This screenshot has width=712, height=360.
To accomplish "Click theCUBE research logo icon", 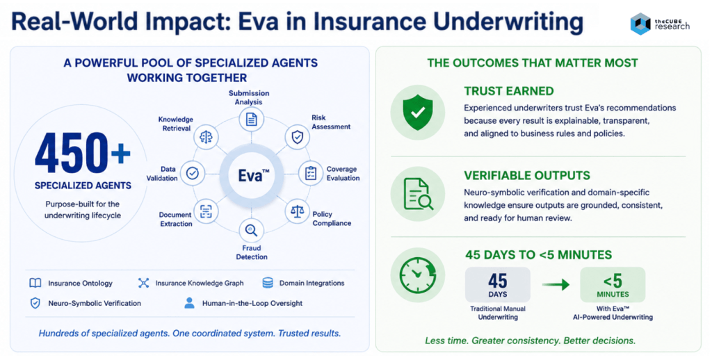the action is tap(640, 24).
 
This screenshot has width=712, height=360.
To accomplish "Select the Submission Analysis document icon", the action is tap(251, 120).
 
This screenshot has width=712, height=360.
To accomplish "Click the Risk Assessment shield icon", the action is tap(297, 137).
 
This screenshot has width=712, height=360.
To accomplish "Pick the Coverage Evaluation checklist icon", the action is tap(311, 173).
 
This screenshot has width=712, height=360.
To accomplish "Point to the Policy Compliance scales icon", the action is tap(297, 211).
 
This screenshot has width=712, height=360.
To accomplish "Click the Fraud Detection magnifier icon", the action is tap(251, 230).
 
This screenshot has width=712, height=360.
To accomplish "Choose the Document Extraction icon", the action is tap(206, 211).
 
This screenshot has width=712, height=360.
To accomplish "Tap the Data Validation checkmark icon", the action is tap(193, 173).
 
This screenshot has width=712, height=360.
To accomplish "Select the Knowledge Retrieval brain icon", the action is tap(206, 137).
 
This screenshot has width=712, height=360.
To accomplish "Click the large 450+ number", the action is tap(83, 154).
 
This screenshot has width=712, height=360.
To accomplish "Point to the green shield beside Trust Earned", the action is tap(418, 112).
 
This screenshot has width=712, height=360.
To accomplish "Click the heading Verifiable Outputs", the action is tap(527, 175).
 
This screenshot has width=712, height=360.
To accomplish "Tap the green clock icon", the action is tap(418, 275).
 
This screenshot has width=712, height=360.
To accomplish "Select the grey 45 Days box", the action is tap(498, 285).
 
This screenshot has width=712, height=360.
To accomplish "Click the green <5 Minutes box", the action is tap(613, 285).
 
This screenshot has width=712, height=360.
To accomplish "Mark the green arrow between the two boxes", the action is tap(556, 285).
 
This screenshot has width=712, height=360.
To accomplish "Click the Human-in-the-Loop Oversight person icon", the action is tap(189, 303).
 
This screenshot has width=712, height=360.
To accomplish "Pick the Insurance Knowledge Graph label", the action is tap(200, 283).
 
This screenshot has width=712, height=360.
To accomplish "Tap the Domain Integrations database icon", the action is tap(268, 283).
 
